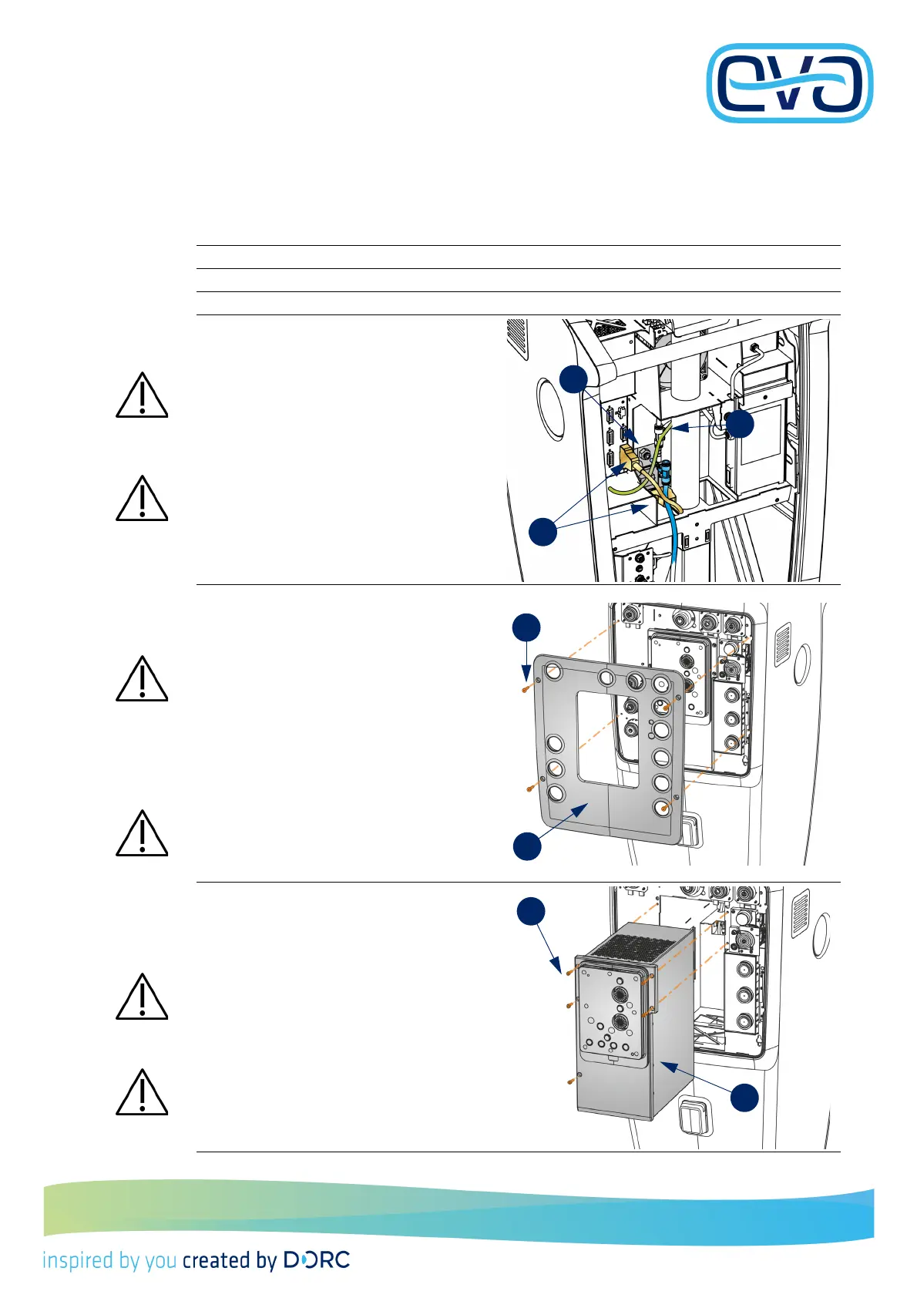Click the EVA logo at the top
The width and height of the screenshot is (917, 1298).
tap(790, 83)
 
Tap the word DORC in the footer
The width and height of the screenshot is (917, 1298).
tap(317, 1259)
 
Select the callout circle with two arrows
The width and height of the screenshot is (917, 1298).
tap(542, 532)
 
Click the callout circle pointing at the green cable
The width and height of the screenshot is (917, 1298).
tap(740, 424)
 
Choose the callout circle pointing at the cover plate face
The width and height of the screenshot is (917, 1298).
tap(527, 846)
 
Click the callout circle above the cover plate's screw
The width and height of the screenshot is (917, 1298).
tap(527, 627)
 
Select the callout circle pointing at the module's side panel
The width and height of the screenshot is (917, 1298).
tap(744, 1098)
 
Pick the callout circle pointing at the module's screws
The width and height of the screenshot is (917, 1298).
tap(531, 911)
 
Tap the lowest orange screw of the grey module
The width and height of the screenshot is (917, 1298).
tap(571, 1081)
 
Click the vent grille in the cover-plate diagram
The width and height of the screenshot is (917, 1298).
tap(782, 644)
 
